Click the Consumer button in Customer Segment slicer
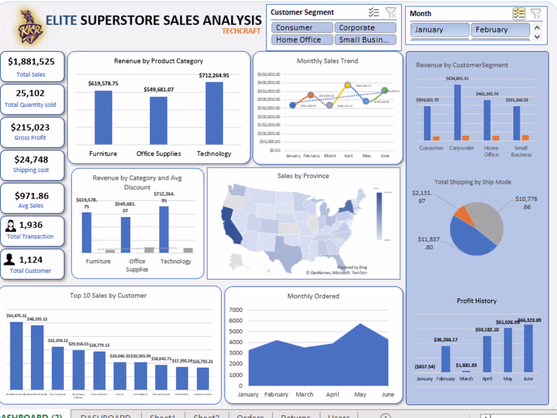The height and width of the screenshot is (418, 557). [302, 28]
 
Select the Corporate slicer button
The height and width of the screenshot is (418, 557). [365, 28]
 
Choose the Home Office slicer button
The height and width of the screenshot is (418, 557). [302, 40]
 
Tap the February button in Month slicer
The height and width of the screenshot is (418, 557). [500, 30]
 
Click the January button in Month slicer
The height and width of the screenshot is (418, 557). [438, 30]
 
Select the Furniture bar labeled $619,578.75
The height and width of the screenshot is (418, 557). [103, 117]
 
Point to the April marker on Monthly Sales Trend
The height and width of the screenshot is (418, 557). [348, 86]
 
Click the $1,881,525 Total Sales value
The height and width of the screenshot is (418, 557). [31, 62]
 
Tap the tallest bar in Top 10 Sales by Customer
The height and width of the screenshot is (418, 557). [17, 355]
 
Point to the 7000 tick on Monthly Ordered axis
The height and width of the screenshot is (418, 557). [236, 310]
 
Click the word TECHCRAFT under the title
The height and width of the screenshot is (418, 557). [241, 31]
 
